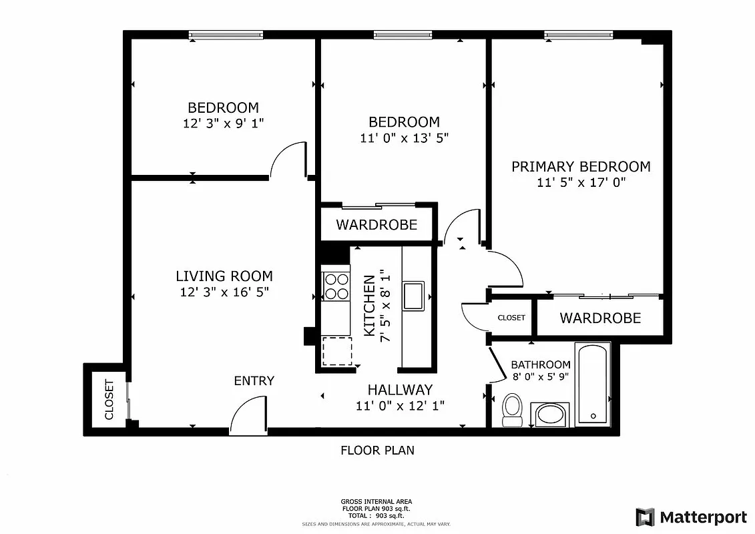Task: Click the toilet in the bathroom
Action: click(513, 409)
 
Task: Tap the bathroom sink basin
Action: click(551, 415)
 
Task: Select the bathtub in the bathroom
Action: click(592, 383)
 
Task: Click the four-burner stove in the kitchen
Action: click(336, 286)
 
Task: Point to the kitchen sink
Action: click(413, 296)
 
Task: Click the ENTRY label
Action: click(254, 381)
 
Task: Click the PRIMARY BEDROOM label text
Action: click(581, 166)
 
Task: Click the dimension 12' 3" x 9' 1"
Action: click(223, 123)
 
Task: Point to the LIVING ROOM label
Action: click(224, 276)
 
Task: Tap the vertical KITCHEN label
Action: click(368, 305)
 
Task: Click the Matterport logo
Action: click(691, 517)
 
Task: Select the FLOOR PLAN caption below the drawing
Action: click(377, 451)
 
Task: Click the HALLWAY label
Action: click(400, 389)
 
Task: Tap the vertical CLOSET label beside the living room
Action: click(109, 400)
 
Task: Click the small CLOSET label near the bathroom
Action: click(511, 318)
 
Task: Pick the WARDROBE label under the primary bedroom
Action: click(599, 318)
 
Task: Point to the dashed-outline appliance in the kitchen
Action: click(337, 351)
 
